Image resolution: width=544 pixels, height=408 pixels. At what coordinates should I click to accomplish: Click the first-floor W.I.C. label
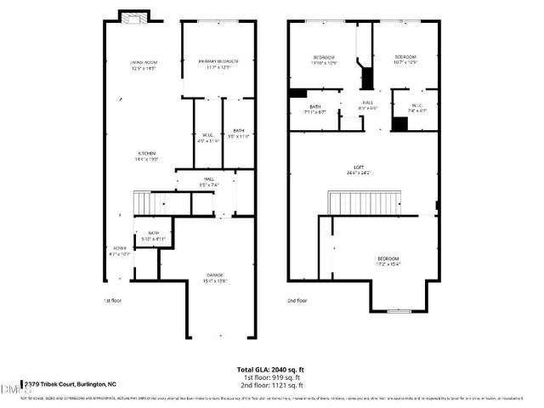[x=208, y=138]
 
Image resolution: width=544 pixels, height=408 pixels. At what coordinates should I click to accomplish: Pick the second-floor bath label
[x=314, y=110]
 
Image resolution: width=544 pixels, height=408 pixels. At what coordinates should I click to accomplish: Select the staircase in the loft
[x=358, y=203]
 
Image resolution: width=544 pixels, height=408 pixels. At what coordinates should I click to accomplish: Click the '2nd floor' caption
[x=297, y=300]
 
